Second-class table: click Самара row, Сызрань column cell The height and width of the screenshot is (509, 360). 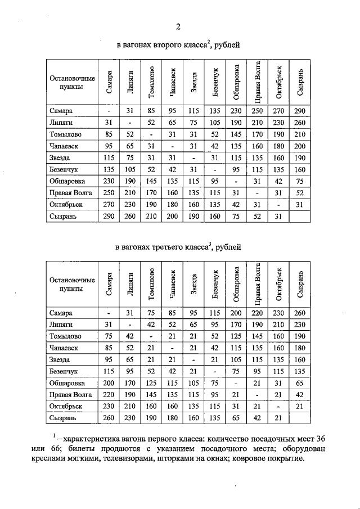(x=299, y=111)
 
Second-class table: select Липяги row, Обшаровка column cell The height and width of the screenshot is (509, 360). (x=236, y=121)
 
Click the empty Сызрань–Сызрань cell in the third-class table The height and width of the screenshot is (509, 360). (x=299, y=418)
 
